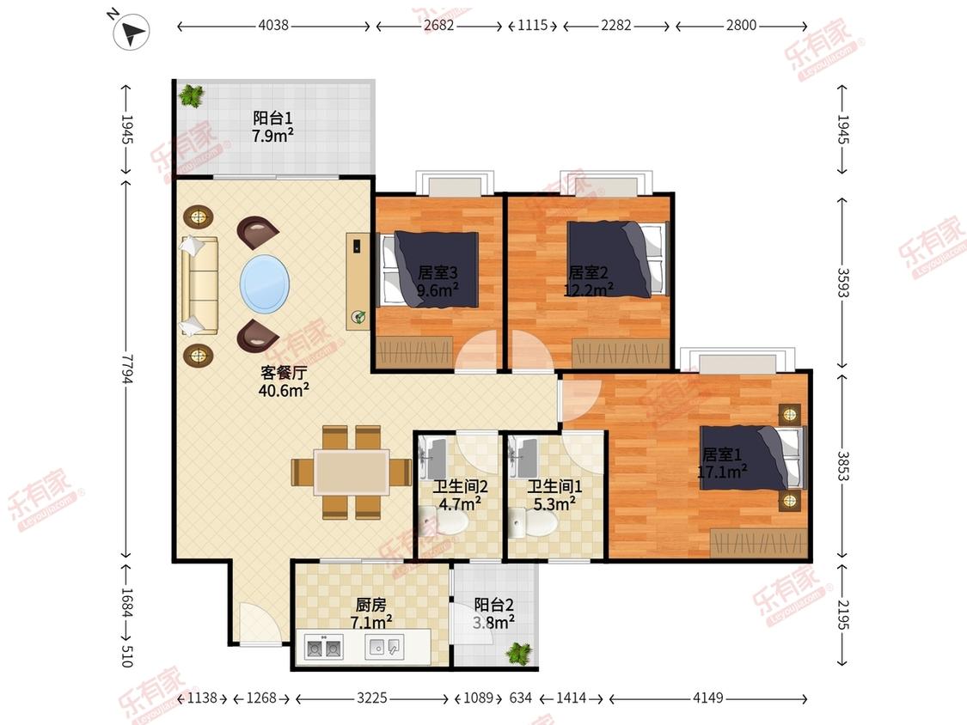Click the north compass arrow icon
(x=132, y=32)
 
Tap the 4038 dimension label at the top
(x=273, y=25)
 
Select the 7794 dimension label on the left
(x=126, y=368)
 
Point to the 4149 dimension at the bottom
(x=708, y=698)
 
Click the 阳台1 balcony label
(x=272, y=118)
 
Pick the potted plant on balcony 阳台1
(x=191, y=95)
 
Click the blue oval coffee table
(x=265, y=285)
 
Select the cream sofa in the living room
(x=199, y=286)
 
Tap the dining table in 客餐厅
(x=352, y=472)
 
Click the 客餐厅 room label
(x=283, y=372)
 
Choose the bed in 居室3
(x=430, y=270)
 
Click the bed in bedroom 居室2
(x=616, y=259)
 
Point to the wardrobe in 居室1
(x=759, y=543)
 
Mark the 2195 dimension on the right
(x=843, y=615)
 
